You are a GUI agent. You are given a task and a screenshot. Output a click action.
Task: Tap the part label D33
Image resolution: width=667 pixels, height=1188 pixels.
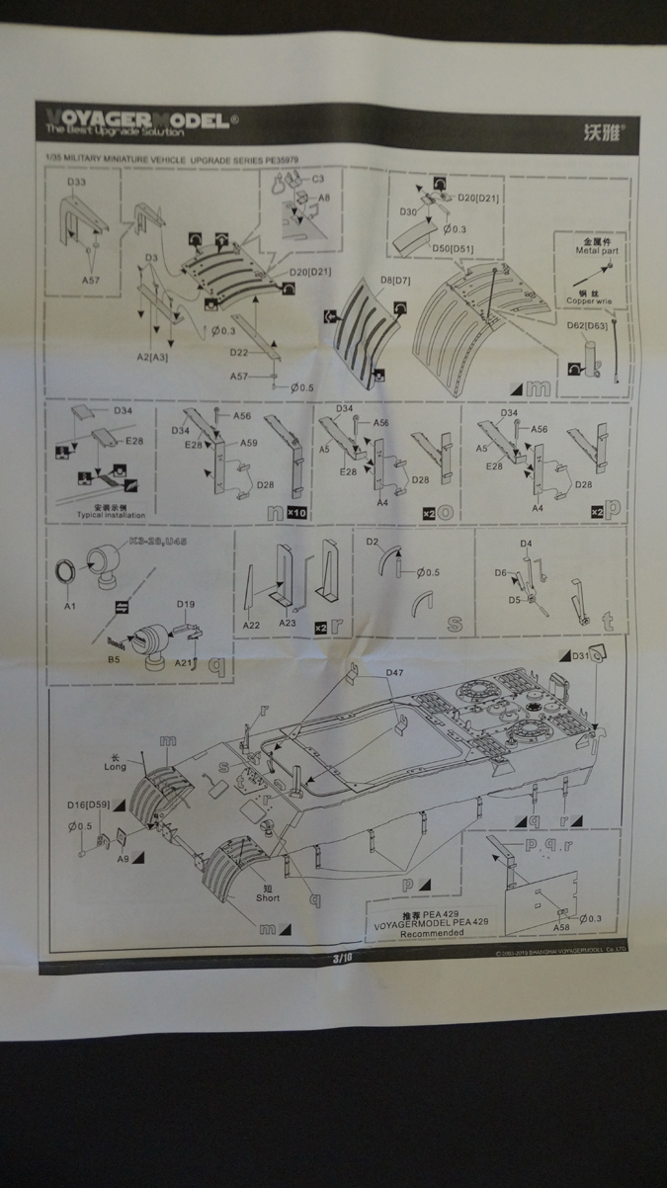pos(77,184)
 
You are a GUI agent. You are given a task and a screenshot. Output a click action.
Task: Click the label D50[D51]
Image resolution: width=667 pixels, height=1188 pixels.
pos(454,247)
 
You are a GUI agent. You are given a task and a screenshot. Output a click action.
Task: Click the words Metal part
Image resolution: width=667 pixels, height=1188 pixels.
pos(595,251)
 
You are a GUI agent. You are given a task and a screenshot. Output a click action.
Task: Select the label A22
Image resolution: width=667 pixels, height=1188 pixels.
pos(252,626)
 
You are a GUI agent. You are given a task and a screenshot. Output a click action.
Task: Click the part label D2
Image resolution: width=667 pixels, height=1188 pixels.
pos(373,542)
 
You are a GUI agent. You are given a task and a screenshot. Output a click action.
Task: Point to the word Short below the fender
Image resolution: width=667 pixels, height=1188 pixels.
pos(267,897)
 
